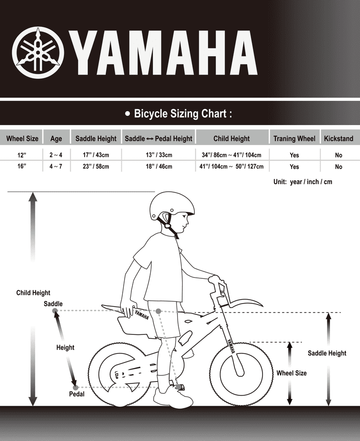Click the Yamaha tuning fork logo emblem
tap(37, 52)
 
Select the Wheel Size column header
tap(22, 138)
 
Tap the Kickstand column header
tap(339, 138)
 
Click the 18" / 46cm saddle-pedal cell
tap(158, 167)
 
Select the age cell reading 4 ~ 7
tap(56, 167)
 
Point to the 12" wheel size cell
tap(22, 155)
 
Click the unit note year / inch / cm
tap(302, 182)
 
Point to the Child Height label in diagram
tap(33, 293)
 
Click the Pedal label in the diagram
tap(77, 394)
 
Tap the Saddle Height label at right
tap(327, 353)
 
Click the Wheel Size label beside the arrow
tap(292, 373)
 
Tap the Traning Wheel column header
tap(294, 138)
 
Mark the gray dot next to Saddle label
tap(55, 311)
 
